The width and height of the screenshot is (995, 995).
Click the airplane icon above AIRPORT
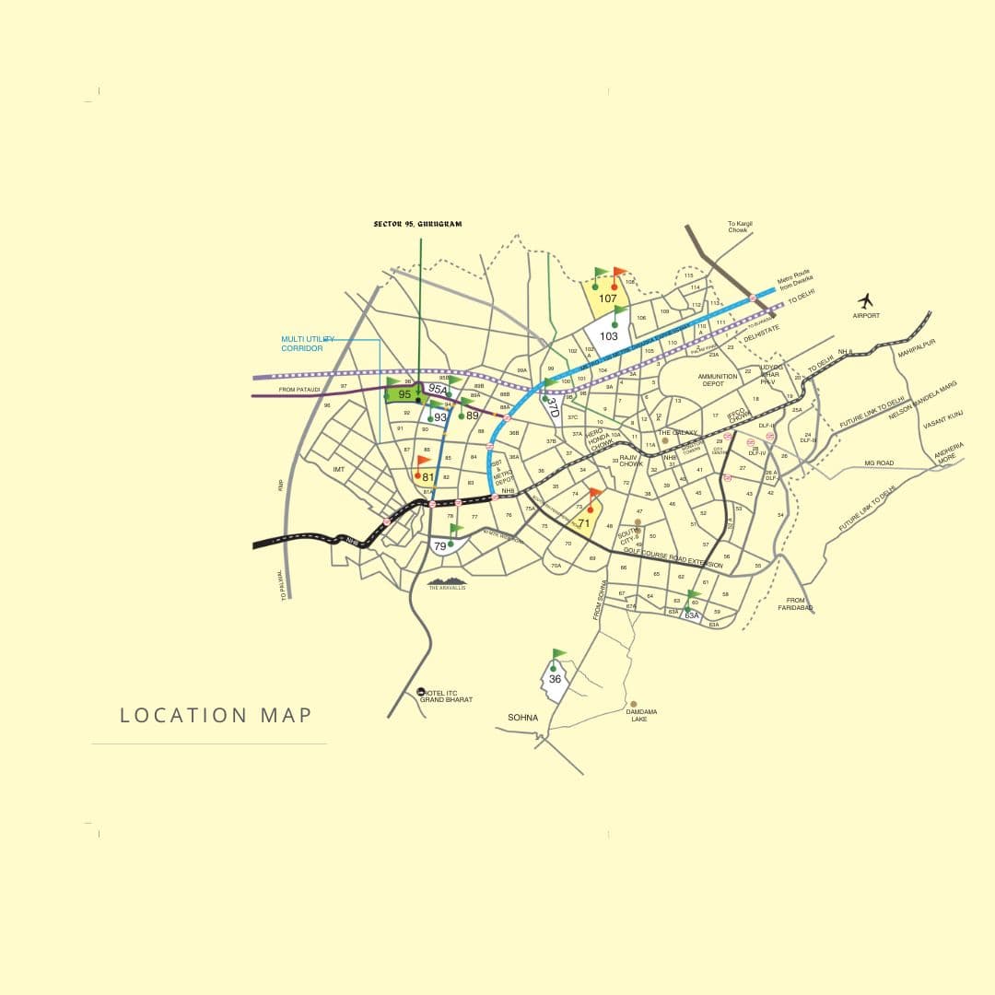coord(865,300)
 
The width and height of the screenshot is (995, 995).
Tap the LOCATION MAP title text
coord(217,715)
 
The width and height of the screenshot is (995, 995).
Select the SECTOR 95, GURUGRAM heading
coord(417,224)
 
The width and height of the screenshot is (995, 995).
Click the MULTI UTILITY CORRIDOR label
coord(309,345)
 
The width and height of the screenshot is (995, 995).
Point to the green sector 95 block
coord(403,394)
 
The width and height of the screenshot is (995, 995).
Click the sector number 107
coord(608,298)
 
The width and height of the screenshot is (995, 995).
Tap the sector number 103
coord(609,336)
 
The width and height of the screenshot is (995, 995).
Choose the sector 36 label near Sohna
coord(555,679)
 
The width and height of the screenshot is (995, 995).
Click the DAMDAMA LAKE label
coord(638,715)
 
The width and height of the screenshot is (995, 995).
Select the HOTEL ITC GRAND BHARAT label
coord(447,696)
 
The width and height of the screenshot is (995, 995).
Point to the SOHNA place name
coord(522,717)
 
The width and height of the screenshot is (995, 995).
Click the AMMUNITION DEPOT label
coord(718,380)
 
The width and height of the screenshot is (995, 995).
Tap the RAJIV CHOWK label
coord(630,461)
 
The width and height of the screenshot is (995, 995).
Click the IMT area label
coord(338,469)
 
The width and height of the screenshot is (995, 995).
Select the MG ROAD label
coord(879,462)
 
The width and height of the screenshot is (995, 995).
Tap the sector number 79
coord(440,546)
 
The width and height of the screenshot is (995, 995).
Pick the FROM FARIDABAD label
coord(796,604)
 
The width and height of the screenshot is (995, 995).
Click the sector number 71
coord(583,522)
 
